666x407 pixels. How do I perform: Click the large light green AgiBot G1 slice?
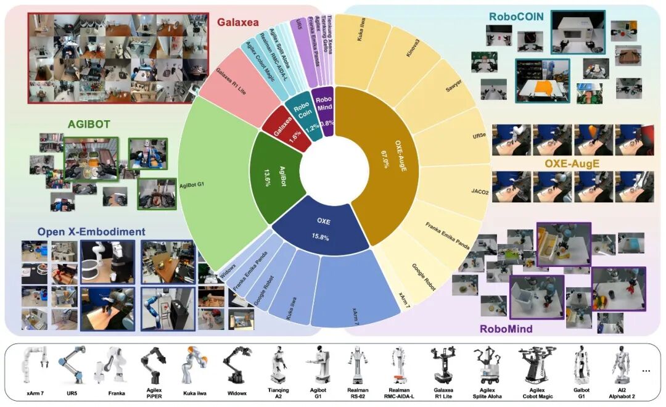coord(210,185)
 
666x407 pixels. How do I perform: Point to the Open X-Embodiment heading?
coord(91,232)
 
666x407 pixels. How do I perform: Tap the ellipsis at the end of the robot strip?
coord(646,371)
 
